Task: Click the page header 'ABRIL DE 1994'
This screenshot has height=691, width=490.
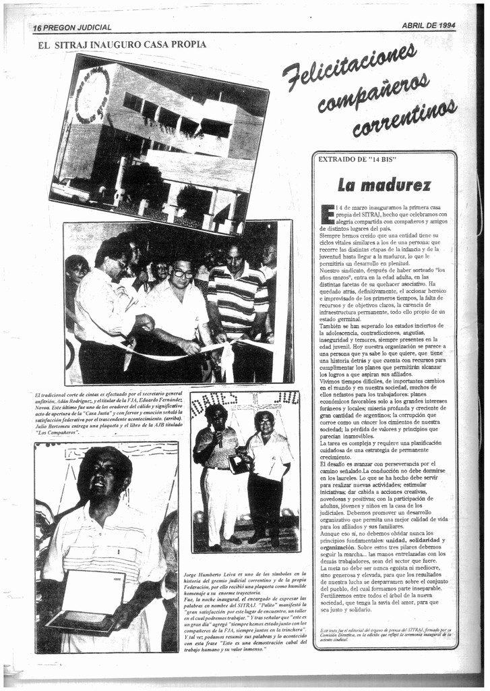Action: pyautogui.click(x=428, y=25)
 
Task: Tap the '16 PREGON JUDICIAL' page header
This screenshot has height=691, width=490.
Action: pyautogui.click(x=72, y=28)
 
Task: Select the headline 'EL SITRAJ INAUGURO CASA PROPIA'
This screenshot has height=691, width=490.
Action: pyautogui.click(x=123, y=45)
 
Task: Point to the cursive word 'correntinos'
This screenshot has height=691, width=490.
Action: pyautogui.click(x=404, y=117)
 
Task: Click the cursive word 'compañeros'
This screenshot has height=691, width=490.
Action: pyautogui.click(x=373, y=93)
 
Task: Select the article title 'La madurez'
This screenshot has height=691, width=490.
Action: pyautogui.click(x=384, y=184)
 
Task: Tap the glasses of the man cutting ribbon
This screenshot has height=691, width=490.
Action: pyautogui.click(x=183, y=273)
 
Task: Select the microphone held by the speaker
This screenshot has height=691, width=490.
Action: pyautogui.click(x=217, y=437)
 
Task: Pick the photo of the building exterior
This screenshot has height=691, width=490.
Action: pyautogui.click(x=158, y=143)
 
